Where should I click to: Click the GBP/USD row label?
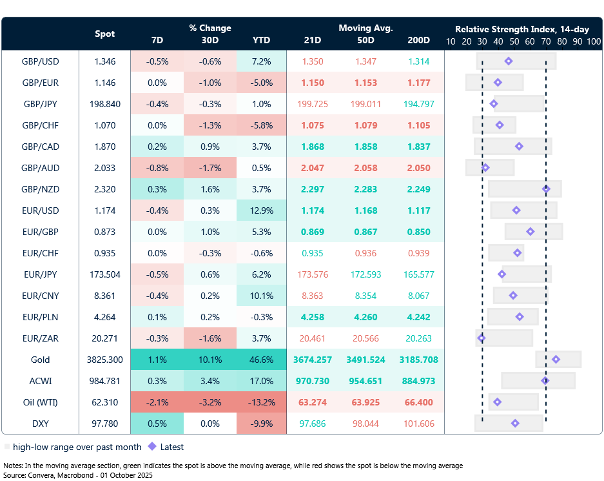40,61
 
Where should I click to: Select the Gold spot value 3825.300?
104,360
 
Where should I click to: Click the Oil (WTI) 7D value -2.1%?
157,402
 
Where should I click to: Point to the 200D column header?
419,40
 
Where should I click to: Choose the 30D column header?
209,40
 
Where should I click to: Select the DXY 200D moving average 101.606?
419,424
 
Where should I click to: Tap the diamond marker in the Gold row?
556,360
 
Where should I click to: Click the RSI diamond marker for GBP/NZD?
546,189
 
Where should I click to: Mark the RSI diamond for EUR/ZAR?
481,338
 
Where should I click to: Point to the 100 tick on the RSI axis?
593,41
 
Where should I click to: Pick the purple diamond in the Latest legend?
152,446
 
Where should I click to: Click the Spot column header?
105,34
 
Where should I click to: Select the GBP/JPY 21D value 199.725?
313,104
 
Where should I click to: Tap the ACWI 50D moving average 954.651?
365,381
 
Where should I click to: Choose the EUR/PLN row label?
40,317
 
